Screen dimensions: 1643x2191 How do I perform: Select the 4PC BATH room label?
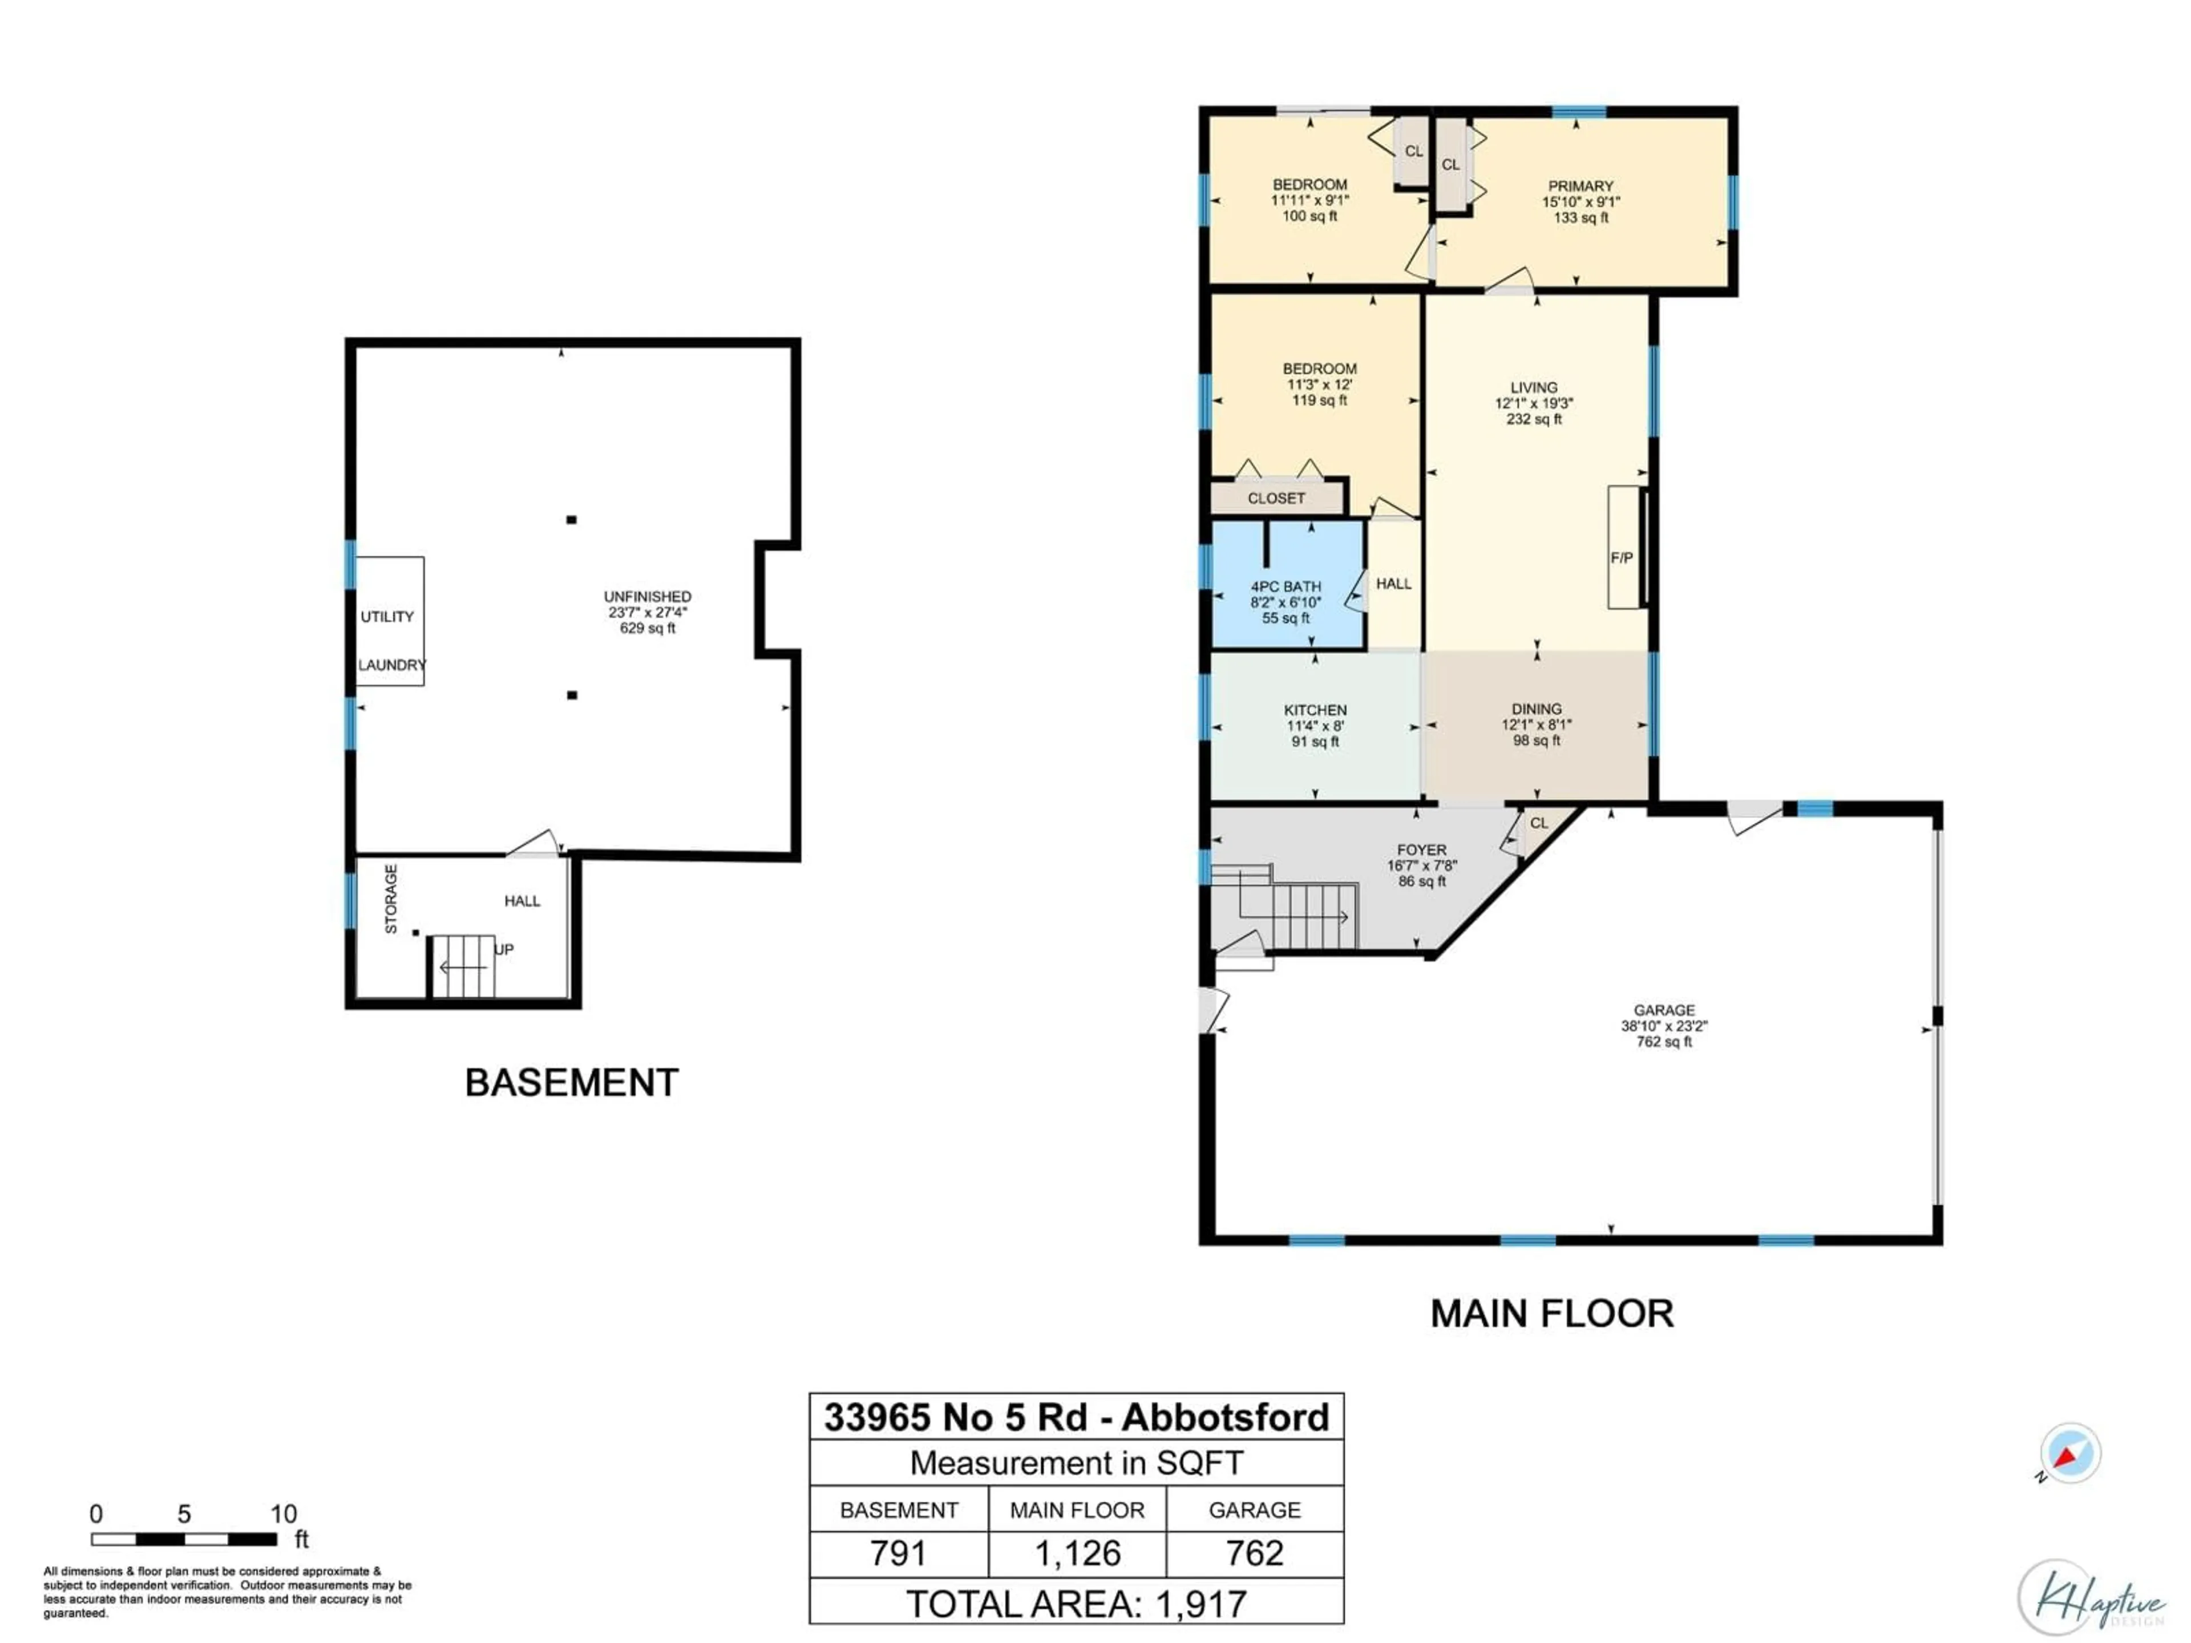click(1286, 587)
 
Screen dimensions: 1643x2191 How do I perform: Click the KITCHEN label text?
click(1315, 710)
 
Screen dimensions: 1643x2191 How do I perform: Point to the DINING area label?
click(1537, 709)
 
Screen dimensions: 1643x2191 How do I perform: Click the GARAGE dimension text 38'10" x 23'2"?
click(1664, 1026)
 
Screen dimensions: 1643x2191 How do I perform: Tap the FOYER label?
click(1421, 849)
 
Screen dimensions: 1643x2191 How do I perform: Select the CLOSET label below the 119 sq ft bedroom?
click(1276, 498)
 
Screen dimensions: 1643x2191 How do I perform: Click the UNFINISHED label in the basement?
click(648, 596)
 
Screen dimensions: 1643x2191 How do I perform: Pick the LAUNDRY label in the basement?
click(391, 665)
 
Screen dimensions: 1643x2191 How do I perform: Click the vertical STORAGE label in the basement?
click(391, 899)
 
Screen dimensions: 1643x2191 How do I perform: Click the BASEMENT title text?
click(572, 1082)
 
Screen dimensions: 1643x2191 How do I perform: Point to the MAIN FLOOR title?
click(1551, 1313)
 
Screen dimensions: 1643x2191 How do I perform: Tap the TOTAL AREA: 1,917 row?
click(1077, 1604)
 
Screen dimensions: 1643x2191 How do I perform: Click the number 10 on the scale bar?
click(283, 1513)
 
